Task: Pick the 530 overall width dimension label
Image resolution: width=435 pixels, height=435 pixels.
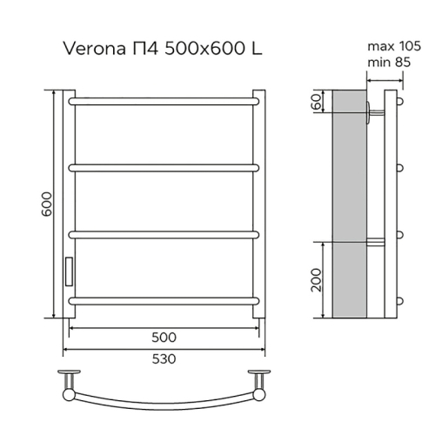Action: [164, 358]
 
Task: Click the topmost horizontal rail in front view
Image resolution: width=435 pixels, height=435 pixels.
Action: [164, 101]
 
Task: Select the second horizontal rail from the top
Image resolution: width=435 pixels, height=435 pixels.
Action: [164, 165]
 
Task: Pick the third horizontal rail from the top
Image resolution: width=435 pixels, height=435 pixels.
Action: [164, 232]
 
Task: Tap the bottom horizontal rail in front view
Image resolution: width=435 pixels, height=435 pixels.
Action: [164, 299]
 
